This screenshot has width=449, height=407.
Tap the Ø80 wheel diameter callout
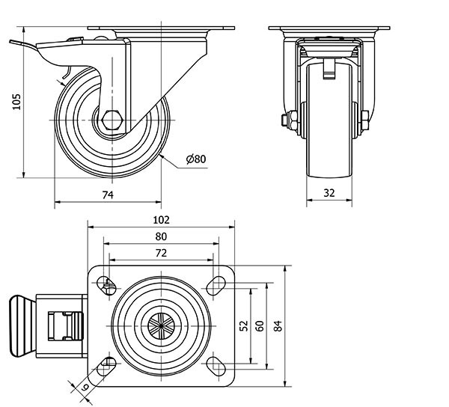click(195, 159)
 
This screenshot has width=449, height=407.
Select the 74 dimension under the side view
click(107, 195)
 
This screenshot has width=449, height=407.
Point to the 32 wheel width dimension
click(329, 192)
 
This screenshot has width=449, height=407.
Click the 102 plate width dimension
click(161, 220)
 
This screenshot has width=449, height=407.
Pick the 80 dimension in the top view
click(161, 236)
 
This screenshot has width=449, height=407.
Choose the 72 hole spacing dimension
click(161, 254)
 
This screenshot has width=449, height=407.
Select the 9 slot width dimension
click(85, 387)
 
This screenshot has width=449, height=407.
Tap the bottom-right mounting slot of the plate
click(216, 365)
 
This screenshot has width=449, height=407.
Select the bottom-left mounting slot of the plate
click(108, 365)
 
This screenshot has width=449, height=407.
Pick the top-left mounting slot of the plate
click(108, 284)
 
